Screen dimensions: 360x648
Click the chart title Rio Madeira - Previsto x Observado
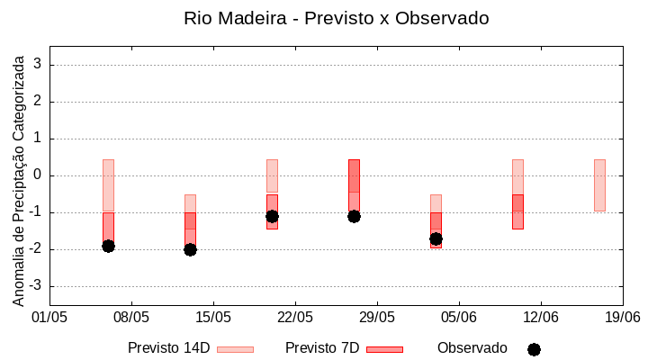pyautogui.click(x=336, y=18)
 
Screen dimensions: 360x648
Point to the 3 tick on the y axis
pyautogui.click(x=38, y=65)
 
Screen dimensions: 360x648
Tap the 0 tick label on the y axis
pyautogui.click(x=38, y=175)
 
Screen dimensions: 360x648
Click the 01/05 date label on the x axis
pyautogui.click(x=49, y=317)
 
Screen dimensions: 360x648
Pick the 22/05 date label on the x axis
pyautogui.click(x=295, y=317)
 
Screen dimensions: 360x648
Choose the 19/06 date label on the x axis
pyautogui.click(x=622, y=317)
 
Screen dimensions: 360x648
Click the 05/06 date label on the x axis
pyautogui.click(x=459, y=317)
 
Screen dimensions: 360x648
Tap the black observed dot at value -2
pyautogui.click(x=190, y=249)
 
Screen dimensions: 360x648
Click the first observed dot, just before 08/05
pyautogui.click(x=108, y=246)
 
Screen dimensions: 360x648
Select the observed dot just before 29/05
pyautogui.click(x=354, y=216)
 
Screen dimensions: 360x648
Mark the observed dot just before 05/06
pyautogui.click(x=436, y=238)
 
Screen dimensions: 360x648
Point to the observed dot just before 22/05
pyautogui.click(x=272, y=216)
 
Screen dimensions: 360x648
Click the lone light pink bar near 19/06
pyautogui.click(x=599, y=184)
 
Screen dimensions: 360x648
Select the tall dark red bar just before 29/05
pyautogui.click(x=354, y=184)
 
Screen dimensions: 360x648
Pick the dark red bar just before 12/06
pyautogui.click(x=517, y=211)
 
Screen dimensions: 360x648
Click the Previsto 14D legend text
pyautogui.click(x=168, y=348)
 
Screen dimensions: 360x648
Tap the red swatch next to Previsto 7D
pyautogui.click(x=384, y=349)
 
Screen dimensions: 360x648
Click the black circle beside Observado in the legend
pyautogui.click(x=534, y=349)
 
